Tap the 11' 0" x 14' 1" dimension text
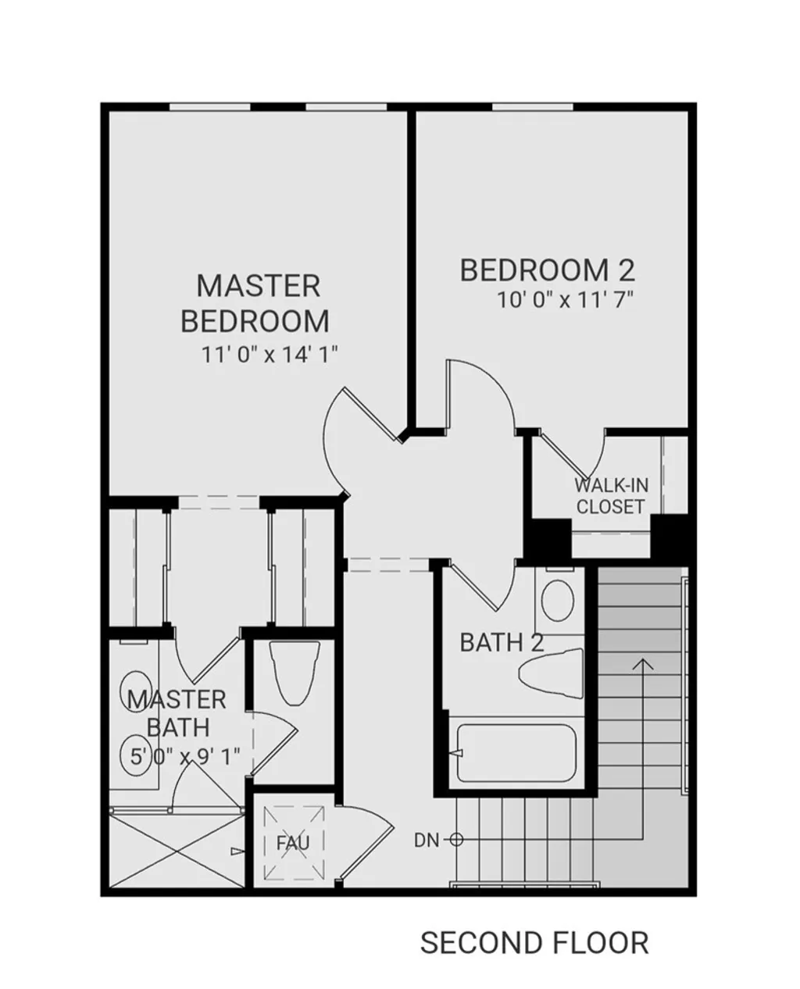tap(270, 355)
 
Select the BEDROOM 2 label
tap(547, 270)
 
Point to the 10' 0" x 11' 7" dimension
tap(565, 300)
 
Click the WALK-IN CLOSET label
tap(610, 495)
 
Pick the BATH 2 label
tap(502, 643)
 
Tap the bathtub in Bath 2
tap(516, 753)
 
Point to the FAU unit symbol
tap(293, 842)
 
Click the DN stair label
tap(427, 840)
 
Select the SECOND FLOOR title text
tap(534, 943)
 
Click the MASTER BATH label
tap(177, 712)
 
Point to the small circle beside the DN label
tap(457, 840)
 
